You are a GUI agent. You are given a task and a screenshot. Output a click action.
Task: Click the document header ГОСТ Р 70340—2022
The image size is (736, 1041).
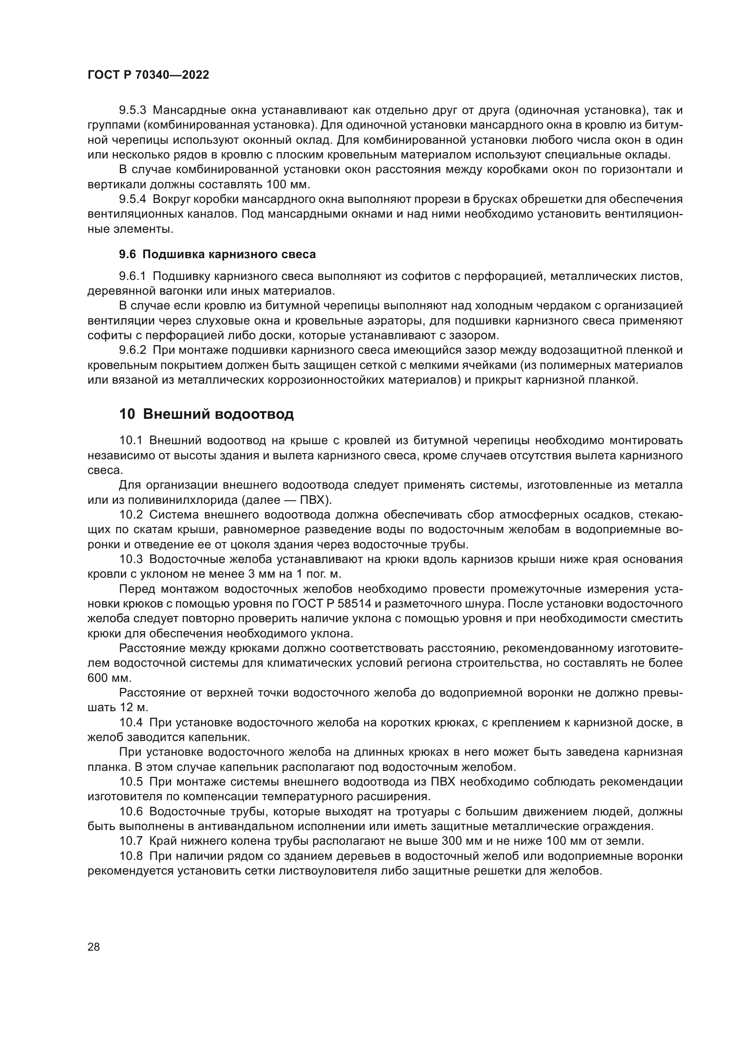148,75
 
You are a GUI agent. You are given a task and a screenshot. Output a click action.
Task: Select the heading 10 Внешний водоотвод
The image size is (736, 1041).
206,414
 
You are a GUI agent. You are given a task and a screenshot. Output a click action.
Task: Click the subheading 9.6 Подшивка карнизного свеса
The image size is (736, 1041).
217,255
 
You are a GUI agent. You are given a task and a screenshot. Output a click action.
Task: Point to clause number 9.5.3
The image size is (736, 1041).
132,110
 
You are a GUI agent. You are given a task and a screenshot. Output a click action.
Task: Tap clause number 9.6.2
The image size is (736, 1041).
132,350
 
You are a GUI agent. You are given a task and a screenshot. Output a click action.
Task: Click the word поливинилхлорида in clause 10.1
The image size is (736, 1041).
183,500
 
